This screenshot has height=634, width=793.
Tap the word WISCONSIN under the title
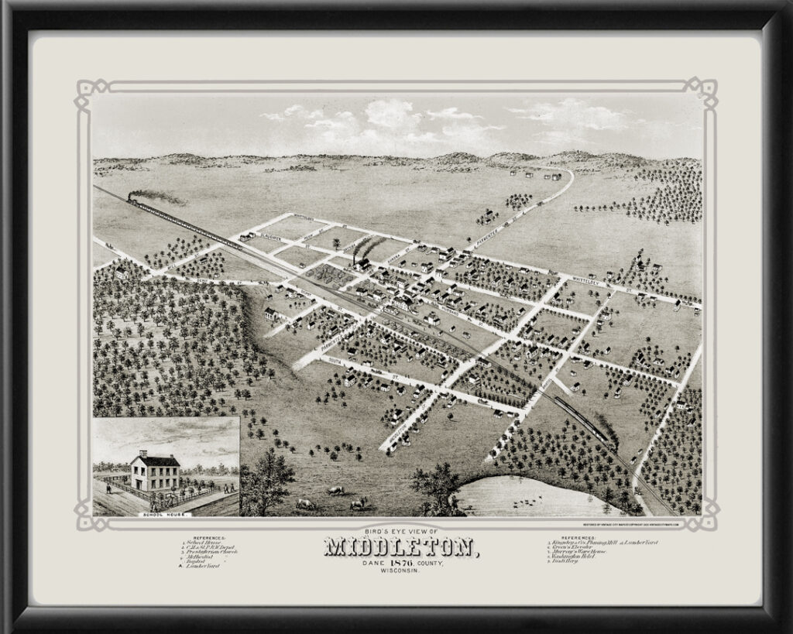(x=400, y=571)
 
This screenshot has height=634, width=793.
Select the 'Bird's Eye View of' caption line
(x=400, y=531)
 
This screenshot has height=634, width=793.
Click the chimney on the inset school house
(x=142, y=454)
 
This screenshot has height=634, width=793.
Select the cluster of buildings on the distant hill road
(x=534, y=175)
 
